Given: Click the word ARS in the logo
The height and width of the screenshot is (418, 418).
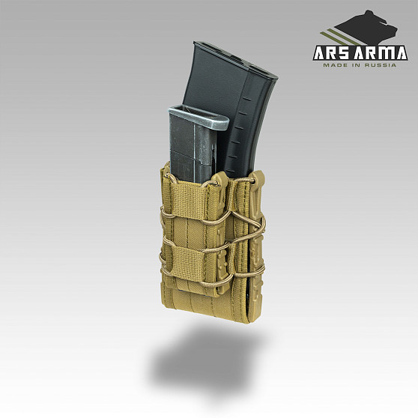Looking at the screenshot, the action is [x=331, y=53].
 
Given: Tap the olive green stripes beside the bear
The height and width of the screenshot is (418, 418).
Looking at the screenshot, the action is [x=336, y=37].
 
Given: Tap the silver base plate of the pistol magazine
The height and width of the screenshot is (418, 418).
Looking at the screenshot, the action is [x=199, y=117].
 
